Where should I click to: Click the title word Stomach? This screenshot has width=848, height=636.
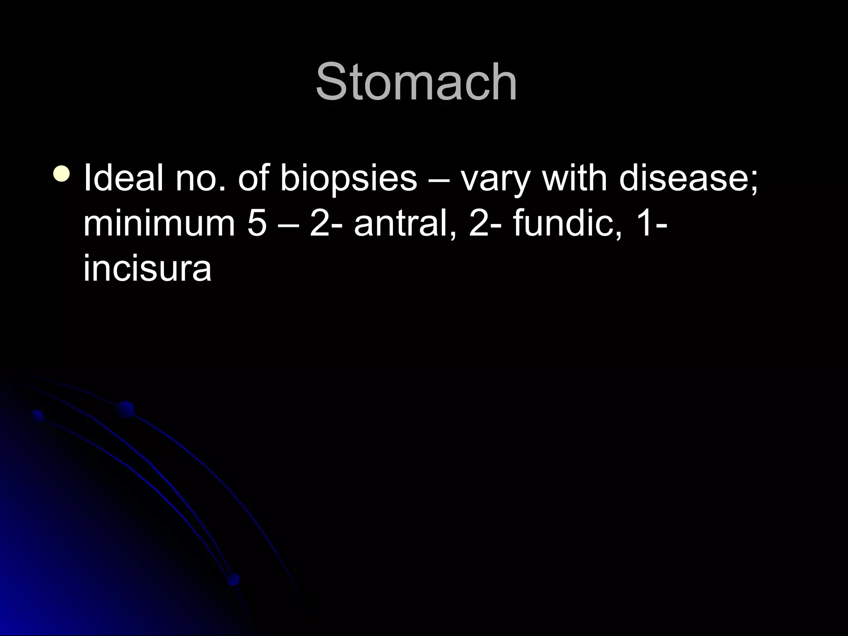coord(416,82)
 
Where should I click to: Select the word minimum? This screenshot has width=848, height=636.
coord(159,224)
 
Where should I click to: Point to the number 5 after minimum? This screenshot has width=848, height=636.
coord(257,224)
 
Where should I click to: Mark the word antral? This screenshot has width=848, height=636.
coord(404,224)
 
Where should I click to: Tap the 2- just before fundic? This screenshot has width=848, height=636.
coord(484,224)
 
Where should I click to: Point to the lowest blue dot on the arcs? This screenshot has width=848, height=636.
coord(233,579)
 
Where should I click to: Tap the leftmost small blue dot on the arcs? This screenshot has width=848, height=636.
coord(38,415)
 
